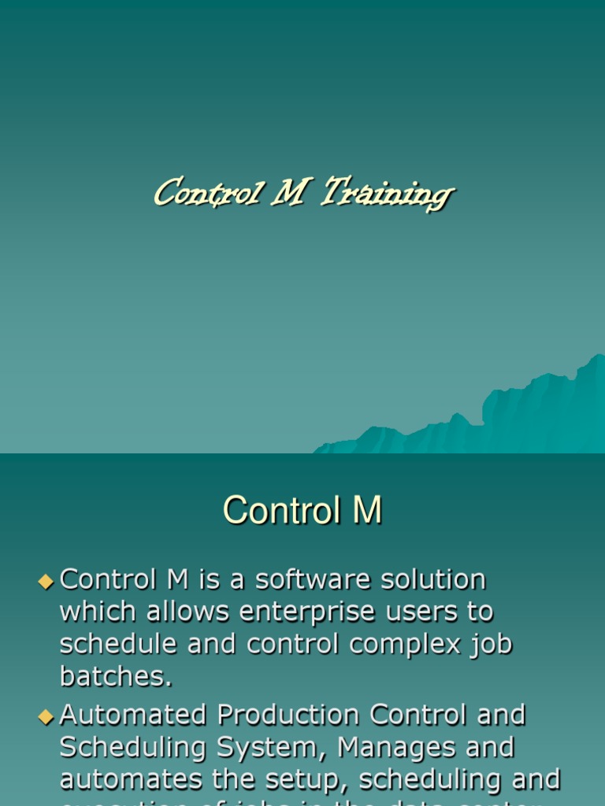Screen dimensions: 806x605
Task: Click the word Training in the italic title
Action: (387, 194)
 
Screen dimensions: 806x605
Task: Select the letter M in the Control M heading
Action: (366, 511)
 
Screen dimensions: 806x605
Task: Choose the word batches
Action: (116, 675)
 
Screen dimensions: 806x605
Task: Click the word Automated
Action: (134, 715)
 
